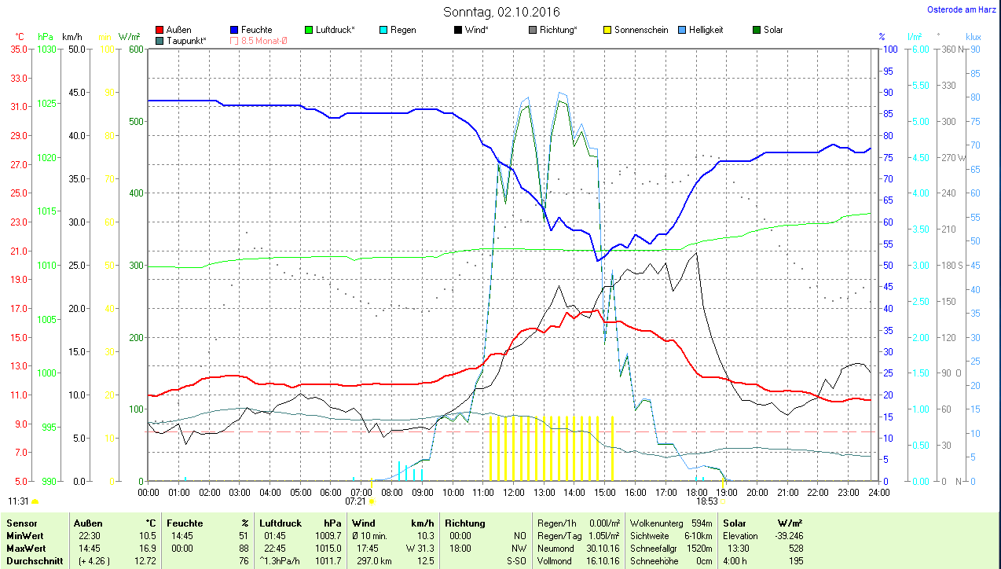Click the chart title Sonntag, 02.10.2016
click(501, 12)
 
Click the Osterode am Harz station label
click(962, 10)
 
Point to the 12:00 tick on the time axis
click(514, 492)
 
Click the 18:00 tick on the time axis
click(696, 492)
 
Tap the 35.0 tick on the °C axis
click(19, 49)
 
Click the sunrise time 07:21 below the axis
click(355, 501)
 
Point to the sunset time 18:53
click(707, 501)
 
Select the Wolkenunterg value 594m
click(701, 523)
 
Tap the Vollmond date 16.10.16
click(603, 561)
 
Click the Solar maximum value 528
click(794, 548)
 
